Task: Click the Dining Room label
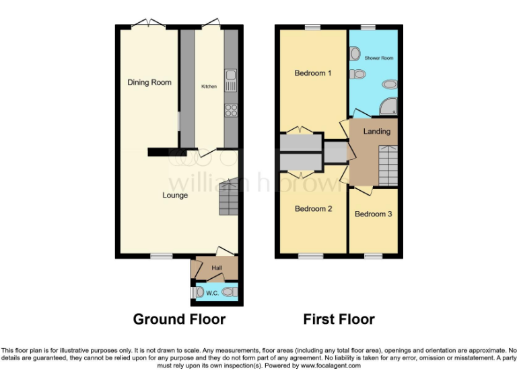click(x=149, y=83)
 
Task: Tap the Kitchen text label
click(x=209, y=87)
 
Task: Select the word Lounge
click(x=175, y=196)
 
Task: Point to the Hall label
click(x=217, y=269)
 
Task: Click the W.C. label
click(x=211, y=292)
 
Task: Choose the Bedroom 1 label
click(x=313, y=73)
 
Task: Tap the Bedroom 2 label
click(x=313, y=209)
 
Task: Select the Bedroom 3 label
click(x=374, y=214)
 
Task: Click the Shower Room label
click(x=378, y=58)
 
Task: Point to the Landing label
click(x=376, y=132)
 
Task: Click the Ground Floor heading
click(x=179, y=319)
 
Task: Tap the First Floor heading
click(x=339, y=319)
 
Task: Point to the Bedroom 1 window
click(x=311, y=27)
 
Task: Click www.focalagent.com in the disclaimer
click(x=331, y=366)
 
